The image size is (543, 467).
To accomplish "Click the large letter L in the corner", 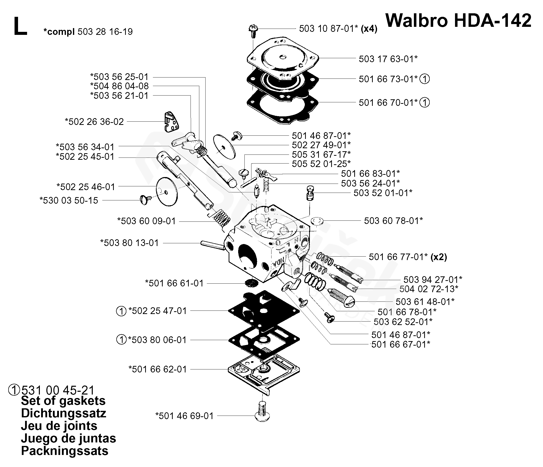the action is point(20,26).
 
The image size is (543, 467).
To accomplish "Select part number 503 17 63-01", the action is point(388,59).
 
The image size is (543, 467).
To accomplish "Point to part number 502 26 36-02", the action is point(94,122).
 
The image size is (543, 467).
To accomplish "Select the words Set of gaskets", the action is point(63,401).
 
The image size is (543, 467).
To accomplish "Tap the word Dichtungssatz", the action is point(63,414).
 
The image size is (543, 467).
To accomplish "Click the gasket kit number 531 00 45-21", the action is point(58,390).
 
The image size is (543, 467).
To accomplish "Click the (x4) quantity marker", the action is point(369,29).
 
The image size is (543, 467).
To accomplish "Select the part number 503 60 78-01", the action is point(393,221).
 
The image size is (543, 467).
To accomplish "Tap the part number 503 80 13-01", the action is point(129,243).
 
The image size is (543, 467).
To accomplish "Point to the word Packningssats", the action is point(65,451).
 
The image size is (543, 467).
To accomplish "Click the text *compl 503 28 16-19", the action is point(88,32).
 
